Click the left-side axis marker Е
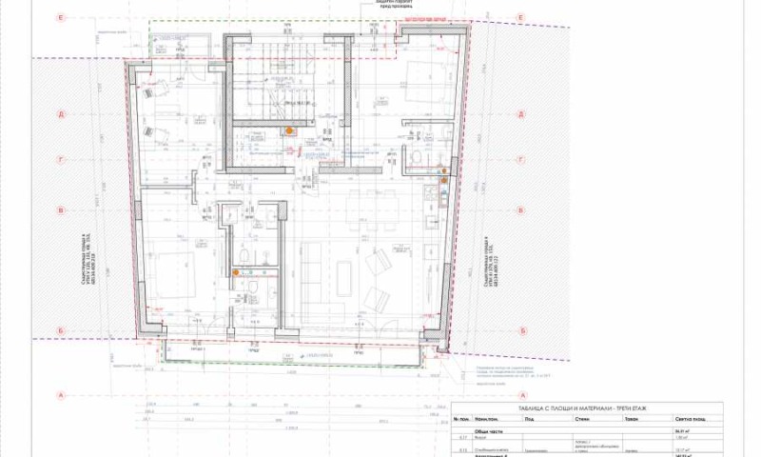click(x=61, y=18)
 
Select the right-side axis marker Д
click(x=520, y=114)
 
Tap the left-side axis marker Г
click(x=61, y=161)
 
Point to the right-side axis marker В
click(x=520, y=210)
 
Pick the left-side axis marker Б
click(x=61, y=330)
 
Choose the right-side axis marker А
click(x=520, y=394)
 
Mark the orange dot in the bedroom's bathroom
click(x=236, y=272)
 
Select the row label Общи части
click(x=496, y=430)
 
